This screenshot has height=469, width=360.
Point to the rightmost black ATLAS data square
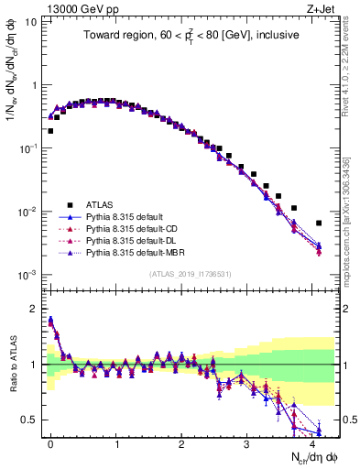(319, 223)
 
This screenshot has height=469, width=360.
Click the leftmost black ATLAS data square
(50, 131)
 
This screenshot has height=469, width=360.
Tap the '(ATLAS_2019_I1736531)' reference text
(190, 273)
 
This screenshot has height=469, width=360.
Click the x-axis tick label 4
(312, 442)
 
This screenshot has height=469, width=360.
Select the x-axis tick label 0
(50, 442)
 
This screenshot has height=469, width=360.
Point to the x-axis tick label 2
(181, 442)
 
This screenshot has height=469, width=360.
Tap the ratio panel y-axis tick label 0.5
(28, 420)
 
